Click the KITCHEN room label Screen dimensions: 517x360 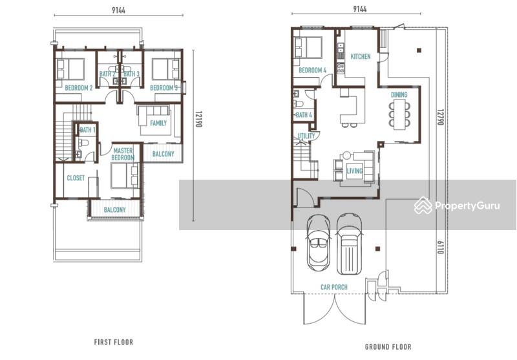(x=361, y=56)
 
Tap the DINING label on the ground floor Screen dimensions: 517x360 (x=399, y=94)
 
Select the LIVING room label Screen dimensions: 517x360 (x=354, y=171)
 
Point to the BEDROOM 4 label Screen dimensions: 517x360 (x=312, y=70)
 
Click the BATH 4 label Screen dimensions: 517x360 (x=304, y=115)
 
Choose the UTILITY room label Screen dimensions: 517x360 (x=306, y=136)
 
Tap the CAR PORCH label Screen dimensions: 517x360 (x=334, y=287)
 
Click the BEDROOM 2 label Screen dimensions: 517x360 (x=78, y=88)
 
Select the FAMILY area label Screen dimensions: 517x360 (x=158, y=123)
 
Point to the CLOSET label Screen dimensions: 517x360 (x=76, y=178)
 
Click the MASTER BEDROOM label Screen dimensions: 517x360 (x=123, y=154)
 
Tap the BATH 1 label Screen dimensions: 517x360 (x=87, y=130)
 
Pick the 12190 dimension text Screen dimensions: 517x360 (x=198, y=119)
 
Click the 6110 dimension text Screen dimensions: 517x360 (x=441, y=248)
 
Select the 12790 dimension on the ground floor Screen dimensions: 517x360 (x=441, y=117)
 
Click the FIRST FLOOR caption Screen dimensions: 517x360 (x=114, y=342)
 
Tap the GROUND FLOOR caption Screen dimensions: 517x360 (x=388, y=347)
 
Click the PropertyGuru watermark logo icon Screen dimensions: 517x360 (x=423, y=206)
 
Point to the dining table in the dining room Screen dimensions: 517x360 (x=399, y=114)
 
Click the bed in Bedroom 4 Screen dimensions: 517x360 (x=308, y=47)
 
